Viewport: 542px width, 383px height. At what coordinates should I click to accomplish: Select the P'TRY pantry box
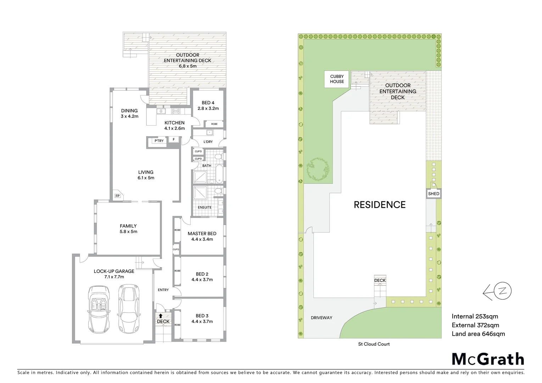pos(159,141)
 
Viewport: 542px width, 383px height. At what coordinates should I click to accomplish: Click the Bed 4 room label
pos(208,106)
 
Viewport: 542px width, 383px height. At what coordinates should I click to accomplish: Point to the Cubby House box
pos(337,79)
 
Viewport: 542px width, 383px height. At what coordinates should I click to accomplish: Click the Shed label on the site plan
pos(434,194)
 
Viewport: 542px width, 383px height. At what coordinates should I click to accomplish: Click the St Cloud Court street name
pos(374,344)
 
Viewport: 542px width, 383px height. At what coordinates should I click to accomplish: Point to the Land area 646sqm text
pos(478,334)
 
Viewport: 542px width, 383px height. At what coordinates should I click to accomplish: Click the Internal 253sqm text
pos(475,317)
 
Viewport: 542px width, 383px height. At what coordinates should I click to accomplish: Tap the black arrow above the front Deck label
pos(161,315)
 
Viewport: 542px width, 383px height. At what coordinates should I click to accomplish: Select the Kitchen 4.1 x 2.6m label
pos(174,126)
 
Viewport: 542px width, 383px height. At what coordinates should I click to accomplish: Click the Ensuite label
pos(205,207)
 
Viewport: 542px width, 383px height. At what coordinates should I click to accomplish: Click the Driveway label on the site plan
pos(321,318)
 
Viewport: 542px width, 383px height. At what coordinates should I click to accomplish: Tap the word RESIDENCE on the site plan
pos(380,205)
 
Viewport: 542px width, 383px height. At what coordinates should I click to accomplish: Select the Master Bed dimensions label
pos(202,239)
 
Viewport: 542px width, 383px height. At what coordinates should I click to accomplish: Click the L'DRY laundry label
pos(208,142)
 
